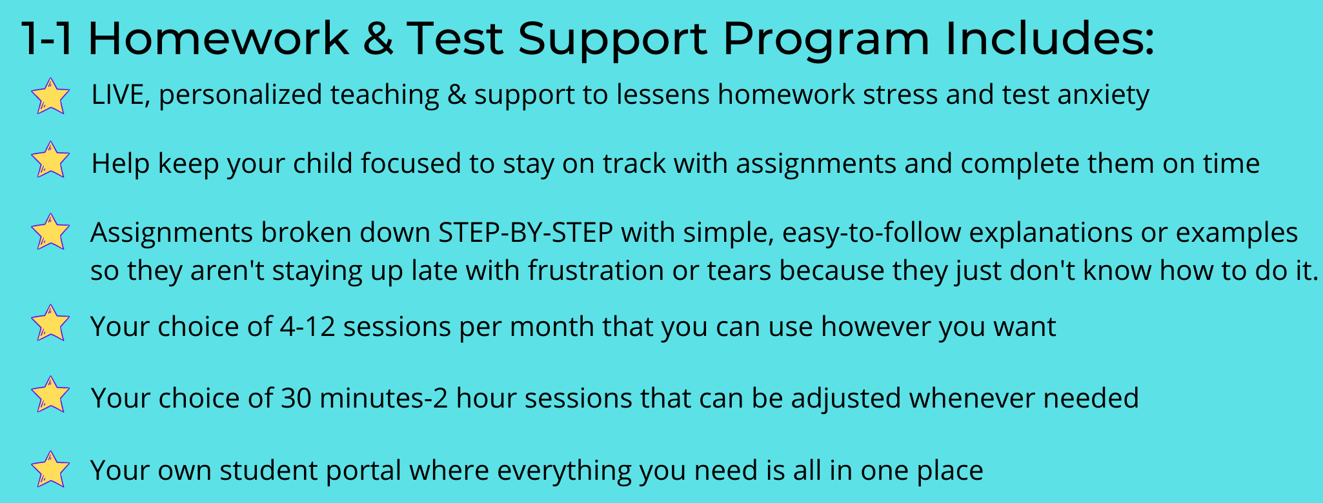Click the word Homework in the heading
point(218,38)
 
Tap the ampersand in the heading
point(378,38)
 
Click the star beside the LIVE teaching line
point(50,96)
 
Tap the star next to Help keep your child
point(50,160)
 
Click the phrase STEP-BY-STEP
point(525,233)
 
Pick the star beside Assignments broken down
point(50,232)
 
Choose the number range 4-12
point(307,327)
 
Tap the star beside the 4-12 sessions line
point(50,323)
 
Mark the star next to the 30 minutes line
point(50,395)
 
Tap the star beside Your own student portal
point(50,469)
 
